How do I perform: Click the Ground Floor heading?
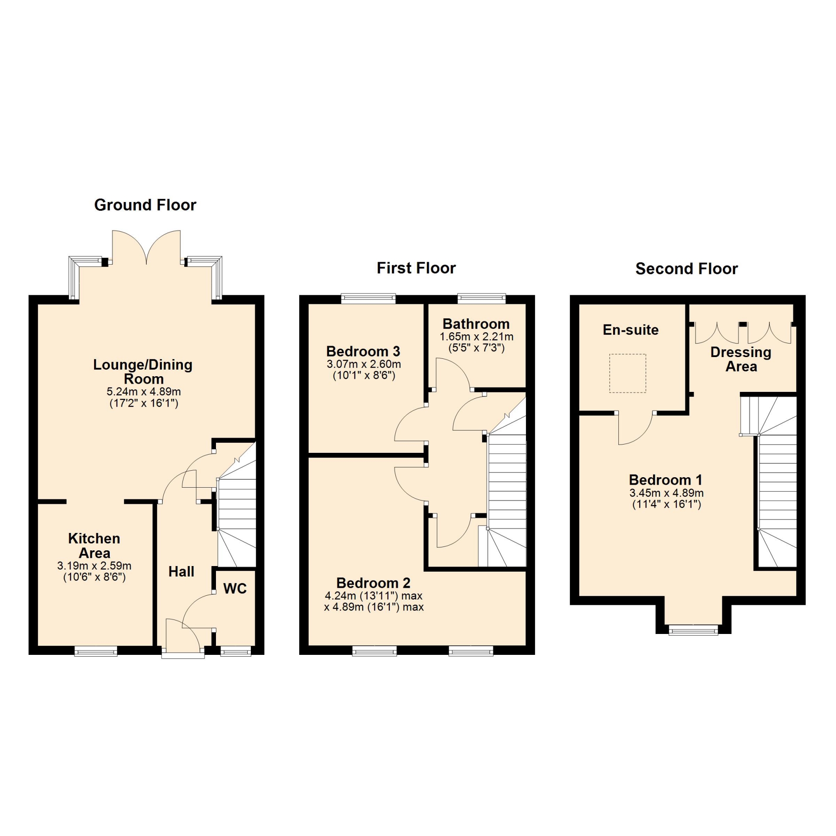[x=145, y=205]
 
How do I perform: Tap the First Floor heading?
[x=416, y=268]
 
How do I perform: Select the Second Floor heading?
[x=687, y=269]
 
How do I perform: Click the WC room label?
[x=235, y=589]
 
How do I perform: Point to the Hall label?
[x=181, y=572]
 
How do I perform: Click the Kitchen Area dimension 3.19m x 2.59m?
[x=94, y=566]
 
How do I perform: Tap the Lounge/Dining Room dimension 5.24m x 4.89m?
[x=144, y=392]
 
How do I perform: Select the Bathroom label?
[x=476, y=324]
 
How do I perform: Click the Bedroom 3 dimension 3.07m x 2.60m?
[x=364, y=364]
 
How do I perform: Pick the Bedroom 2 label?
[x=373, y=583]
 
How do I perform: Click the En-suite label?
[x=630, y=330]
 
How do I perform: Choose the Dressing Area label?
[x=741, y=359]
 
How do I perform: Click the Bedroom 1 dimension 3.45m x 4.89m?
[x=666, y=493]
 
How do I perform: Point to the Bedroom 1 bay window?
[x=693, y=630]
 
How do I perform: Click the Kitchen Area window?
[x=96, y=651]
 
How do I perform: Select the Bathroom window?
[x=482, y=299]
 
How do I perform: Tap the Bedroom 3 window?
[x=368, y=299]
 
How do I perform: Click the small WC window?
[x=236, y=651]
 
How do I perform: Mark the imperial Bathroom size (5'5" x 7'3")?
[x=476, y=348]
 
